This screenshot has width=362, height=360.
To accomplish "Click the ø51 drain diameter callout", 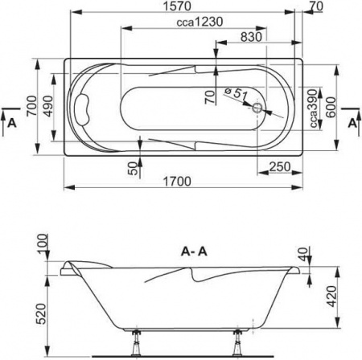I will click(x=234, y=96).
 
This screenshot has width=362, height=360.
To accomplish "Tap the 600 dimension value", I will click(x=331, y=104).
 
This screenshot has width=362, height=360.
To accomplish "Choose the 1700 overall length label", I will click(x=183, y=182).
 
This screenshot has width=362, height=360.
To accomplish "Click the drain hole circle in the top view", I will click(x=258, y=106).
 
